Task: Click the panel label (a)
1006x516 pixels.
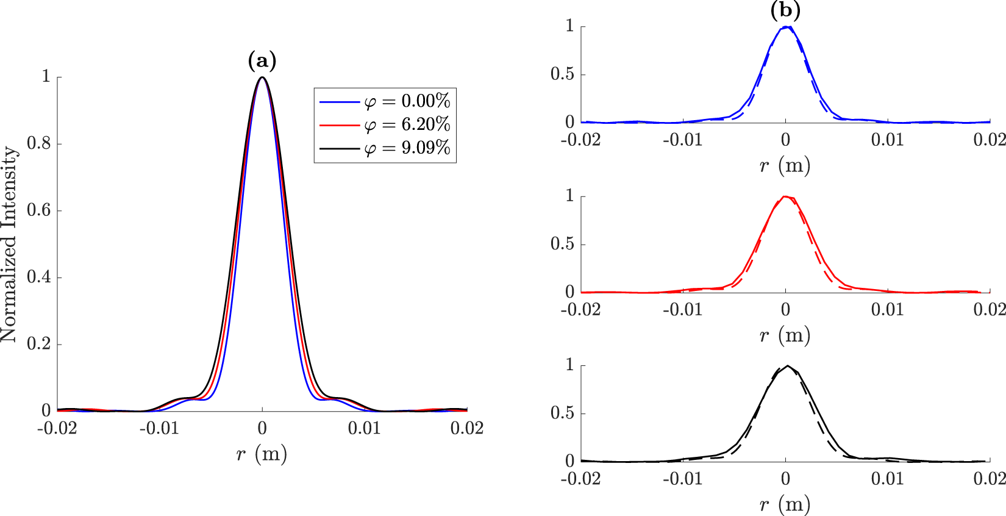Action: tap(262, 61)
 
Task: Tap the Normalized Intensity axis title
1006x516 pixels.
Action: tap(9, 244)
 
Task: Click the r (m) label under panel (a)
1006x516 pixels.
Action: tap(262, 453)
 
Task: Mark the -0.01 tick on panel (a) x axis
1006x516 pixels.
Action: tap(159, 429)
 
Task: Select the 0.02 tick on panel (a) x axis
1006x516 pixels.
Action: tap(467, 429)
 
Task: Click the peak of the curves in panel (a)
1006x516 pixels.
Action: tap(262, 77)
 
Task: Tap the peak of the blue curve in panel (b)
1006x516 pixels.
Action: tap(787, 27)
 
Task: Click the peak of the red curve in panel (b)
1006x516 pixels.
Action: tap(786, 196)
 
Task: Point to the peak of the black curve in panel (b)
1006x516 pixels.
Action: tap(787, 366)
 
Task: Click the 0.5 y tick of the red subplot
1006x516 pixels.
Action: tap(562, 244)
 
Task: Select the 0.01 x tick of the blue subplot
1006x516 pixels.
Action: tap(888, 140)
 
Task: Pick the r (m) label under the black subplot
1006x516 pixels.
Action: tap(785, 504)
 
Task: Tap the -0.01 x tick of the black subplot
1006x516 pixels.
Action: tap(683, 479)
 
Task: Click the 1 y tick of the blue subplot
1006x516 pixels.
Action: tap(570, 26)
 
